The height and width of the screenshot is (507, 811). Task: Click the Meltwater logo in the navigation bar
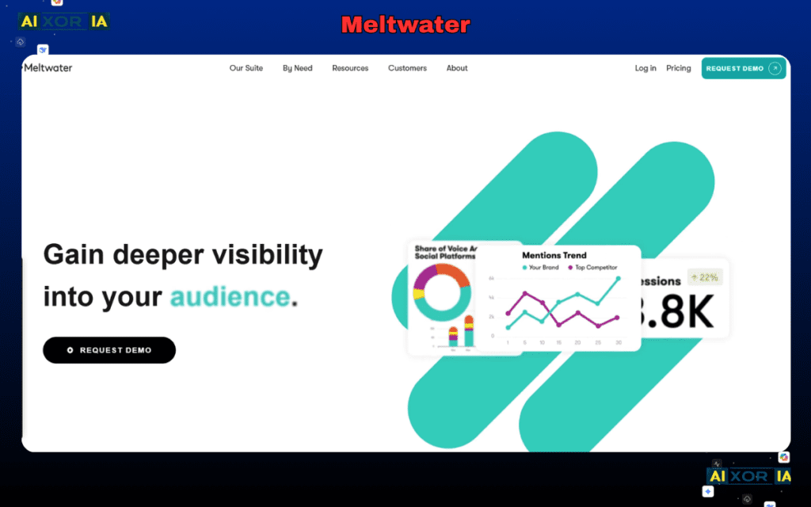click(x=48, y=68)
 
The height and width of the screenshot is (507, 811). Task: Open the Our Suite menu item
click(x=246, y=68)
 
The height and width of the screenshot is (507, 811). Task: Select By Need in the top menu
click(x=298, y=68)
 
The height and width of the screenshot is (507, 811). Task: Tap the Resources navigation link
click(x=350, y=68)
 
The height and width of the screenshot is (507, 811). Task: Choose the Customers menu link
click(x=407, y=68)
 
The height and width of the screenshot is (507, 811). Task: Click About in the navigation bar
click(x=457, y=68)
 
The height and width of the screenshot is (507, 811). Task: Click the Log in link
click(x=645, y=68)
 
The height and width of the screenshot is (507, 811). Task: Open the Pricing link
click(x=679, y=68)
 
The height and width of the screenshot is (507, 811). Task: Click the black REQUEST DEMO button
click(x=109, y=350)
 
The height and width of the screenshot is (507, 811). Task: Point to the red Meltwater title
click(x=405, y=25)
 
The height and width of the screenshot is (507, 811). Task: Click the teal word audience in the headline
click(x=230, y=297)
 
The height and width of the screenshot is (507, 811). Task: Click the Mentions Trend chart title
click(x=554, y=255)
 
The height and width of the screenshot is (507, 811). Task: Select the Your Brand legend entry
click(x=541, y=268)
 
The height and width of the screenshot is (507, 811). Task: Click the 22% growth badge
click(x=704, y=277)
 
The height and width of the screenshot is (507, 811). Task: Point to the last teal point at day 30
click(x=618, y=279)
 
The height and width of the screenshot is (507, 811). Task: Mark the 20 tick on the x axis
click(x=577, y=342)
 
